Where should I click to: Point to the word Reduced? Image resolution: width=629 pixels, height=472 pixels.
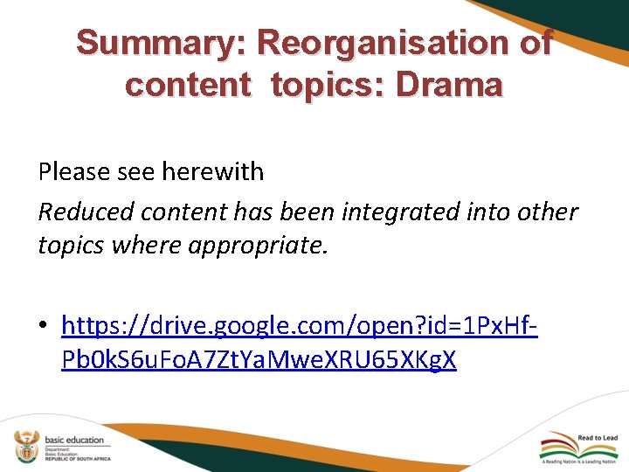click(x=86, y=212)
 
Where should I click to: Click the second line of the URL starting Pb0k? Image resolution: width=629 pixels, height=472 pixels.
click(x=259, y=359)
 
